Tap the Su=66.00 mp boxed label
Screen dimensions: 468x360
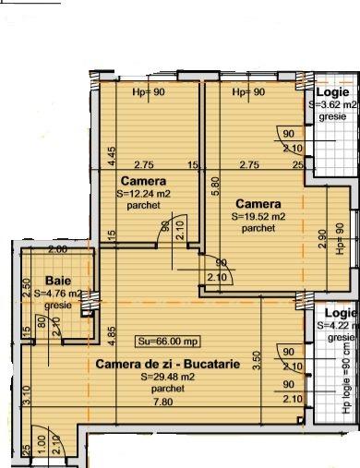point(158,338)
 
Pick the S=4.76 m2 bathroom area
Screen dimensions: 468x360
point(56,294)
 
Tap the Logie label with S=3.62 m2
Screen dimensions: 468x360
point(332,93)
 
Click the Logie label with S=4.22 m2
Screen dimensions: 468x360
point(336,313)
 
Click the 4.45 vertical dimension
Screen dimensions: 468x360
point(110,155)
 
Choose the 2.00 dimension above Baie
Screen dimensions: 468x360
point(58,224)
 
